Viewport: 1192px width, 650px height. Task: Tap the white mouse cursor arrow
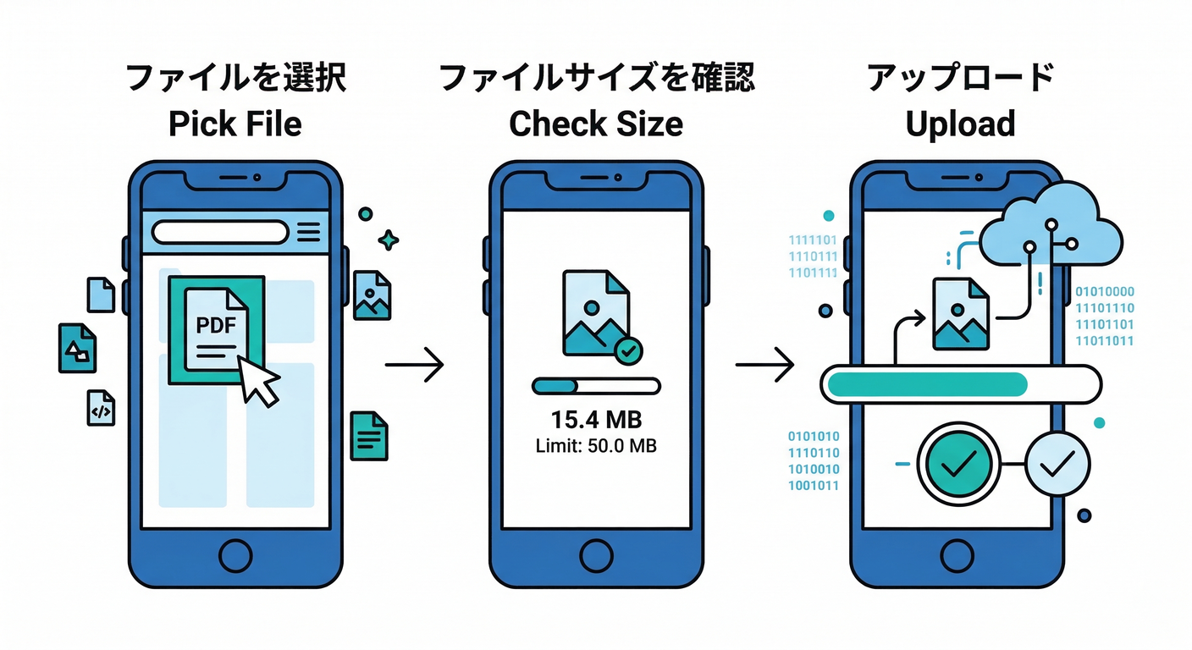click(259, 381)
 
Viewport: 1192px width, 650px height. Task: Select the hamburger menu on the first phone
click(309, 231)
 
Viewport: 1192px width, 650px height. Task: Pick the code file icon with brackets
click(101, 408)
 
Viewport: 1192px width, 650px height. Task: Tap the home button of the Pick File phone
click(235, 556)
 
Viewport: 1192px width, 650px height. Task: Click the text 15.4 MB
click(596, 420)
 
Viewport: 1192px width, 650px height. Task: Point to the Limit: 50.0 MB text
click(596, 444)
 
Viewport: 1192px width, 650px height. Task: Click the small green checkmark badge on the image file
click(627, 350)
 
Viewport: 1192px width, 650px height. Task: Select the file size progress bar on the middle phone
click(596, 386)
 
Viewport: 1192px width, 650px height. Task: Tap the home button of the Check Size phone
click(596, 556)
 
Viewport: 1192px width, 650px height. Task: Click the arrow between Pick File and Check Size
click(414, 365)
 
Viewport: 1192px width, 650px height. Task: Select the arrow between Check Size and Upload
click(764, 365)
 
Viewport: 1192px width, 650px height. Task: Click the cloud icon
click(1050, 229)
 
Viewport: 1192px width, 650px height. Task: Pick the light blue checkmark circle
click(1057, 462)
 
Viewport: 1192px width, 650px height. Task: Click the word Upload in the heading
click(960, 124)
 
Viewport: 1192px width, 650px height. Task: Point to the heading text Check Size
click(596, 124)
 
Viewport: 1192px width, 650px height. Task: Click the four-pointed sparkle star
click(389, 240)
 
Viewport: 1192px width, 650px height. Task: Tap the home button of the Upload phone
click(957, 556)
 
